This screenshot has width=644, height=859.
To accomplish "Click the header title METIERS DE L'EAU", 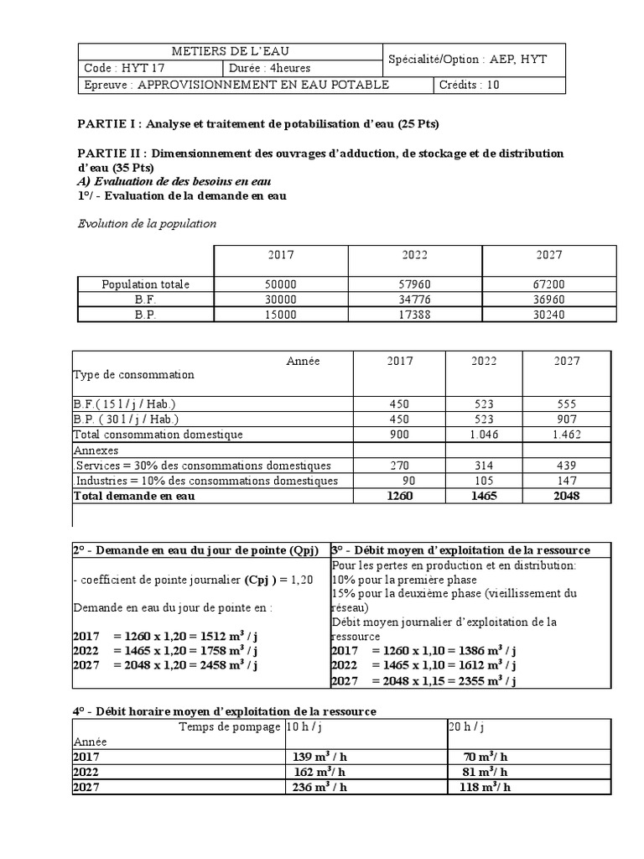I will [x=230, y=52].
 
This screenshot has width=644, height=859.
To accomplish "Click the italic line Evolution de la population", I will [x=147, y=224].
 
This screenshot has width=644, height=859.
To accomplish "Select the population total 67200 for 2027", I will [x=549, y=284].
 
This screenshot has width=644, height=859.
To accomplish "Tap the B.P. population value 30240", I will [x=549, y=315].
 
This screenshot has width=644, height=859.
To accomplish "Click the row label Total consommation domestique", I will [x=158, y=435].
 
